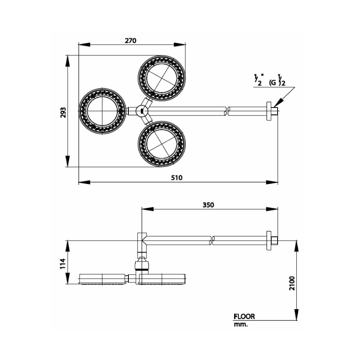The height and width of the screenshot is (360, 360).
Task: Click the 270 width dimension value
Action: [x=131, y=40]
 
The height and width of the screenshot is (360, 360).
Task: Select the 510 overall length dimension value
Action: [x=177, y=178]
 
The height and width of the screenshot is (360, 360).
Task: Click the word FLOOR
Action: [x=244, y=316]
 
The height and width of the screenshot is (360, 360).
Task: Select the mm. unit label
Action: [x=241, y=325]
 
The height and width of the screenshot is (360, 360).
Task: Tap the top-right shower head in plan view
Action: [x=162, y=78]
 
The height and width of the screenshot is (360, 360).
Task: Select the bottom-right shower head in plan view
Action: [x=162, y=144]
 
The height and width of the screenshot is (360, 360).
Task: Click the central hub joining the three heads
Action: [x=141, y=110]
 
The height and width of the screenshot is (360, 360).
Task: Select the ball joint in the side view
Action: [x=142, y=264]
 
